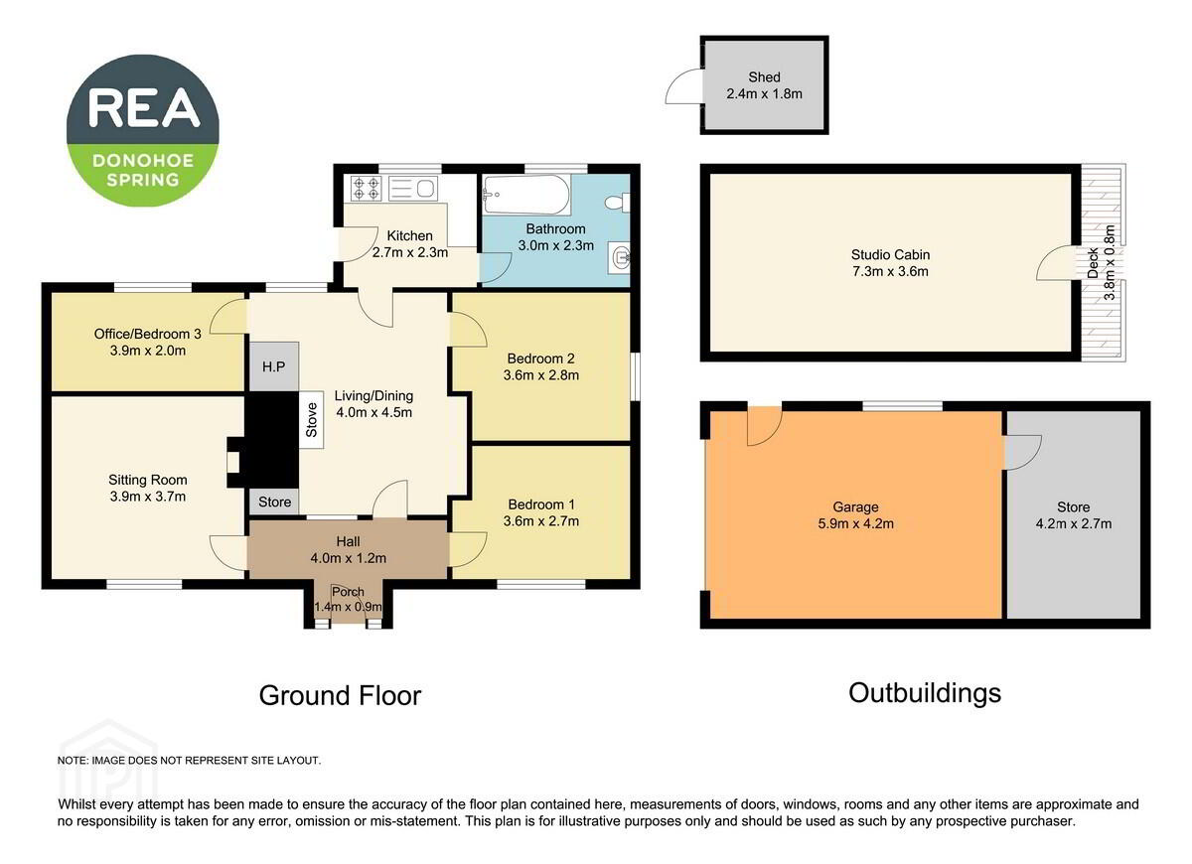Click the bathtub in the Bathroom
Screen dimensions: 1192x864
coord(525,195)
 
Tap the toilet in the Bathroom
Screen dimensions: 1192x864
coord(617,203)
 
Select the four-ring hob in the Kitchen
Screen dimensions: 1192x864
coord(367,189)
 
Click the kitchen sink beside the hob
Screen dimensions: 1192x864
coord(413,189)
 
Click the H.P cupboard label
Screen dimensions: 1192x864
coord(273,366)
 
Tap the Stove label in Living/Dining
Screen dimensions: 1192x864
coord(311,420)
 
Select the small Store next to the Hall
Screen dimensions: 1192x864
coord(274,502)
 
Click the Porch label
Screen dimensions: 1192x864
coord(348,592)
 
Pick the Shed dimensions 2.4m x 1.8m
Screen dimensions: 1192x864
coord(764,93)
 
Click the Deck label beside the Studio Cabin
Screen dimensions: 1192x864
coord(1093,263)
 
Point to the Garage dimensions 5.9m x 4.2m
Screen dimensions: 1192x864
coord(855,523)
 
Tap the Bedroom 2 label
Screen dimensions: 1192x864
coord(541,359)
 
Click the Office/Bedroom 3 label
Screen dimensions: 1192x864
coord(147,334)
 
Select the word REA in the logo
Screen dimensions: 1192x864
coord(144,108)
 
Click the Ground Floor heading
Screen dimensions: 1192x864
coord(340,695)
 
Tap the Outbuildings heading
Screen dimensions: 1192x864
coord(925,693)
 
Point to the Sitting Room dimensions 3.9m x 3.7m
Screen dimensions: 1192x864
coord(148,497)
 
